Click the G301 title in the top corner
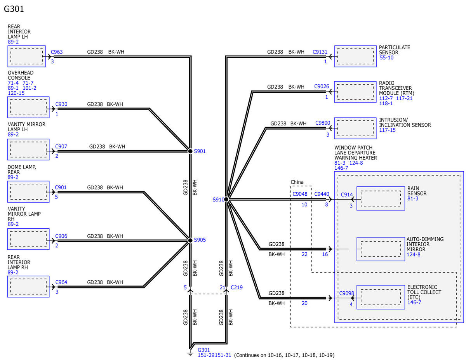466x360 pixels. click(14, 9)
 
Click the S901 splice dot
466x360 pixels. click(190, 151)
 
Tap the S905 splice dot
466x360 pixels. click(190, 240)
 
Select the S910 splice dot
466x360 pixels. click(226, 200)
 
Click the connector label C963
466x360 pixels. click(57, 52)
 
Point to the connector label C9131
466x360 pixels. click(320, 52)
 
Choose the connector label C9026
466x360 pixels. click(322, 87)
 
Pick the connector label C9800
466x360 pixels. click(323, 123)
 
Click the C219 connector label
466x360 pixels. click(236, 287)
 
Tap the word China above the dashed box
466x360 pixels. click(297, 182)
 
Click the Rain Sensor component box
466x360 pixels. click(381, 198)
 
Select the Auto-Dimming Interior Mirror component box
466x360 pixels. click(381, 249)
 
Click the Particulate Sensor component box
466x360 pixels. click(355, 56)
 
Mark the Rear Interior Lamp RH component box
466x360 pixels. click(28, 287)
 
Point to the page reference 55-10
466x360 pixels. click(387, 58)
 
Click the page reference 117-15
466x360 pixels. click(387, 130)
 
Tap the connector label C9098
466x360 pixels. click(346, 293)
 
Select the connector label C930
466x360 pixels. click(61, 104)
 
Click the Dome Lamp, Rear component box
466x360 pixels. click(28, 192)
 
